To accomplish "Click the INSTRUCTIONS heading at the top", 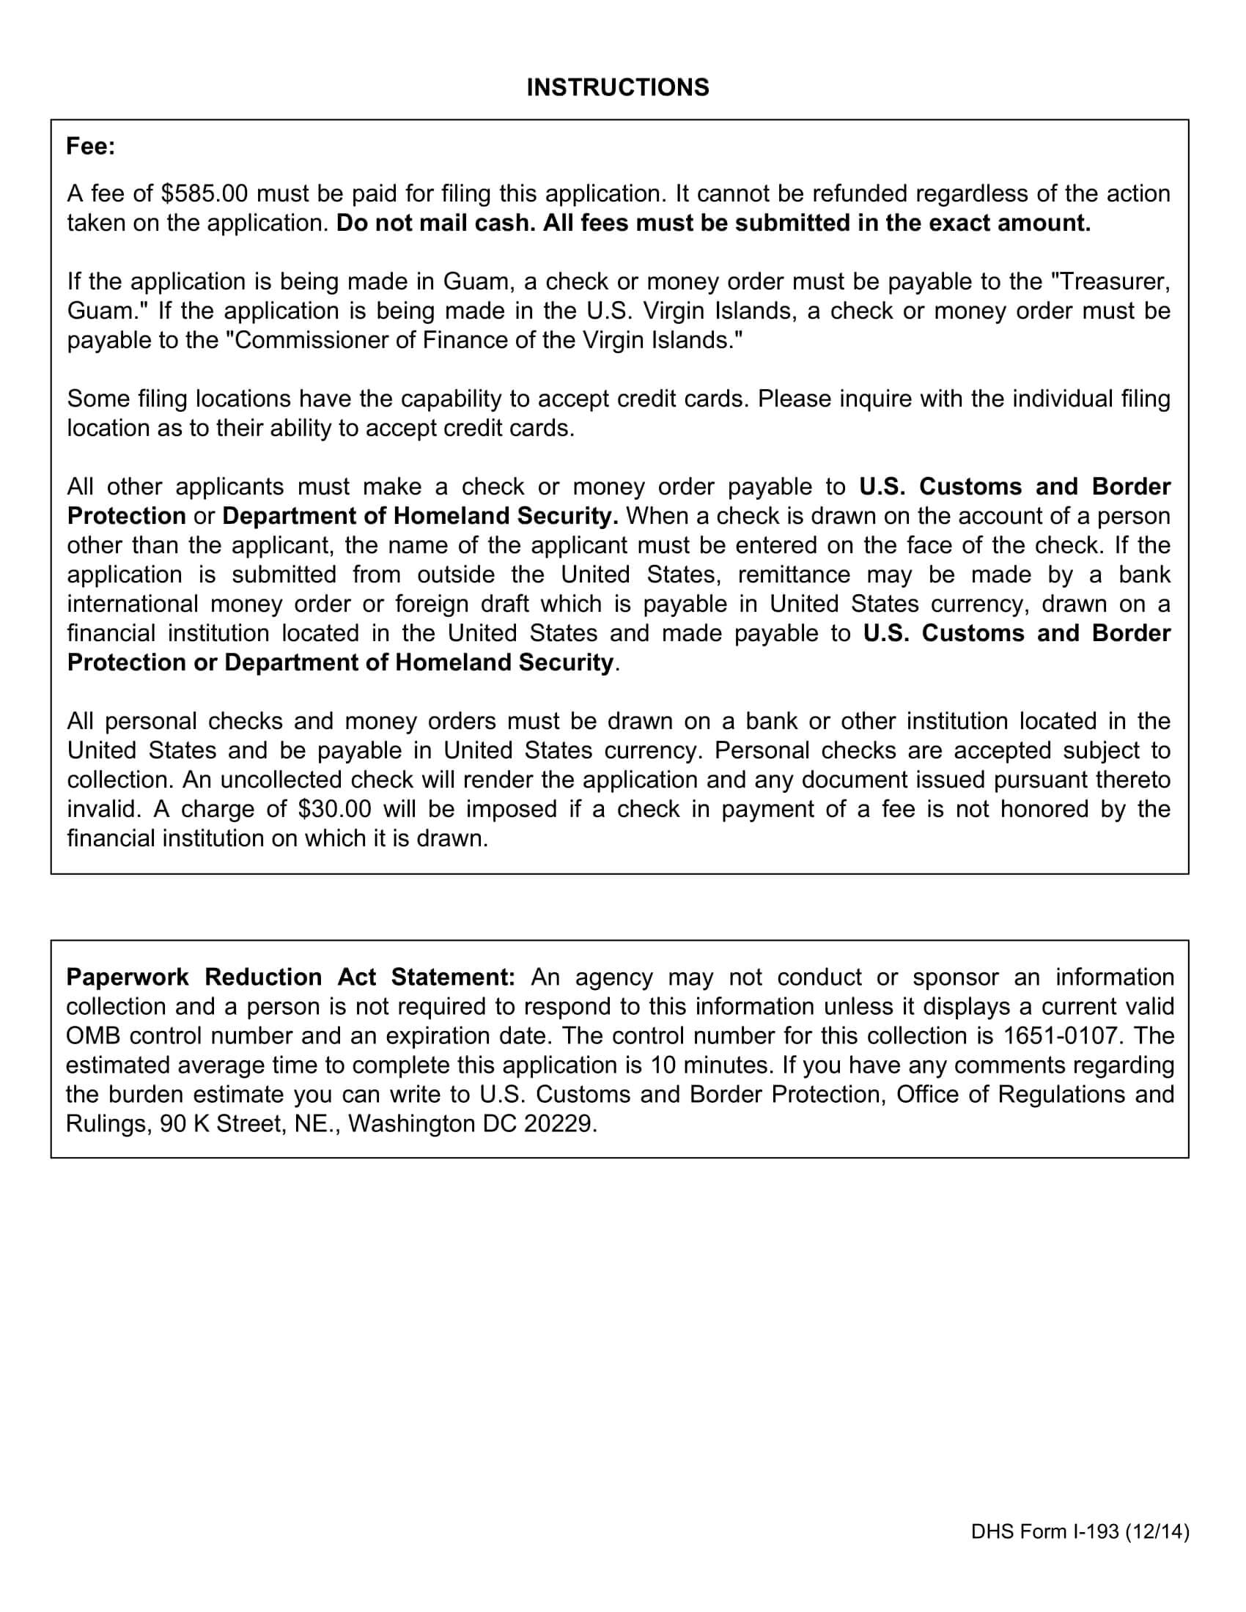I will [x=617, y=88].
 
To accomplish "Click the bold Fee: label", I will [x=91, y=147].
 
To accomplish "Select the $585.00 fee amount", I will [x=204, y=194].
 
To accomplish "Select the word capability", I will [x=452, y=399].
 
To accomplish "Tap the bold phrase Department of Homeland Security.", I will [x=420, y=517].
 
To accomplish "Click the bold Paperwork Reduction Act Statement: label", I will [x=290, y=977].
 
